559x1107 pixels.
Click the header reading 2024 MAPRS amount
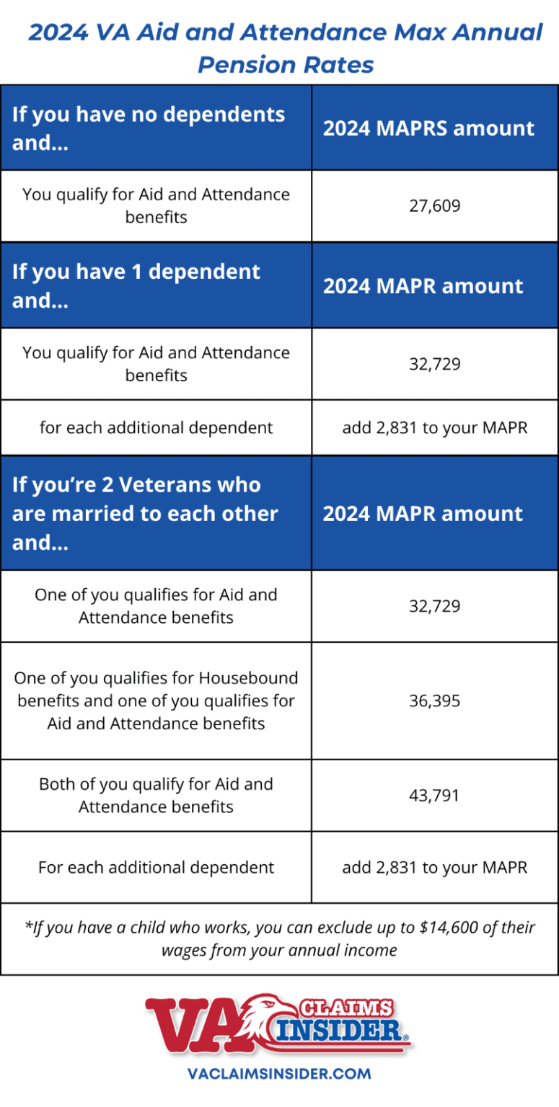[428, 128]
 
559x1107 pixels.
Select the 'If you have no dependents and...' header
[149, 128]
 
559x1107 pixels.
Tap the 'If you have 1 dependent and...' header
[136, 285]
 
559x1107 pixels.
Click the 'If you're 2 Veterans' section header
[145, 513]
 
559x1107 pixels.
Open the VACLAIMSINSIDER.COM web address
[279, 1073]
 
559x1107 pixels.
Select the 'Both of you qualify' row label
[156, 796]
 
